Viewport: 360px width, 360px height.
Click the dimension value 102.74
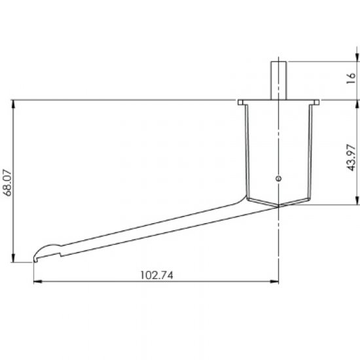coord(157,275)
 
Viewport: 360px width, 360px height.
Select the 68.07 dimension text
coord(7,183)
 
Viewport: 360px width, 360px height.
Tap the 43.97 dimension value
coord(351,158)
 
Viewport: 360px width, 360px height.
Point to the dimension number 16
coord(351,79)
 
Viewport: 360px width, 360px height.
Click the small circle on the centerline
coord(278,178)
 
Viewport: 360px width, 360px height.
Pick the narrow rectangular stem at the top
coord(278,81)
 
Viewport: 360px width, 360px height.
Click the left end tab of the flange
coord(240,102)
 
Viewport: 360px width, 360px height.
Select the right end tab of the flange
coord(317,102)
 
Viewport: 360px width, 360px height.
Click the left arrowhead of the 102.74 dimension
coord(38,281)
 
